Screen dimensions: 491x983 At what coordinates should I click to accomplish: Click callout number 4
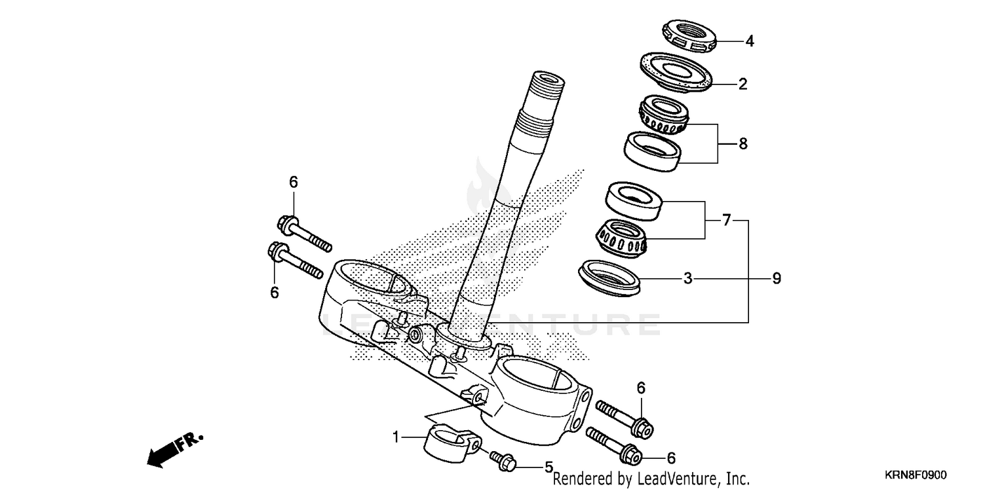coord(750,41)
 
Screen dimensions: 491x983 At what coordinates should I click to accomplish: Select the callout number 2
coord(742,84)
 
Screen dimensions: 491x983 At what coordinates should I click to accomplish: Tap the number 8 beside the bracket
coord(742,143)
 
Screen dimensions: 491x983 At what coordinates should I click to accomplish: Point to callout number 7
coord(725,221)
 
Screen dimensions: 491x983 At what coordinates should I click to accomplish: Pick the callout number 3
coord(687,279)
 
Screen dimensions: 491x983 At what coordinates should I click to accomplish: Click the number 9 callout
coord(777,279)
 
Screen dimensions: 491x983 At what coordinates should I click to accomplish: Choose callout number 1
coord(396,436)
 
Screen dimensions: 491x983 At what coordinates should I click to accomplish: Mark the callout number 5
coord(549,467)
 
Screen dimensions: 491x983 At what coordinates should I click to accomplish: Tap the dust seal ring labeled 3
coord(609,274)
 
